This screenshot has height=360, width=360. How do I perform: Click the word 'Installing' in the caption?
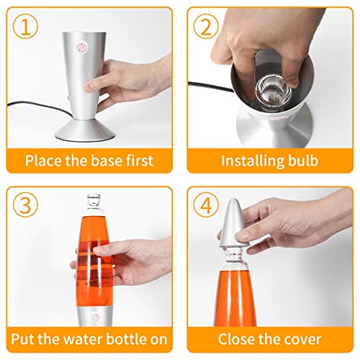tap(249, 160)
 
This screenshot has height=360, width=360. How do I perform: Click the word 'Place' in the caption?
tap(43, 160)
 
